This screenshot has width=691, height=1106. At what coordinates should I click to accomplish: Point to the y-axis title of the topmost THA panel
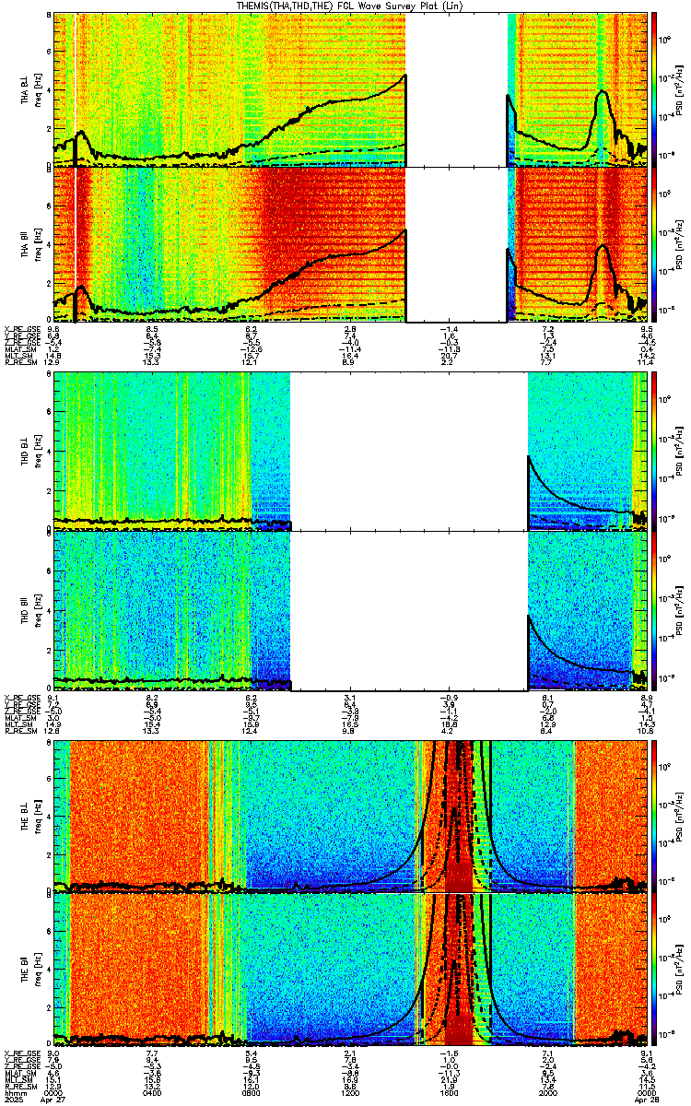pos(28,88)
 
